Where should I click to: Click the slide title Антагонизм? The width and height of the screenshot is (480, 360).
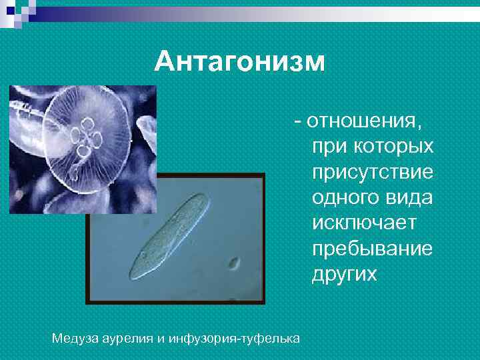click(x=239, y=63)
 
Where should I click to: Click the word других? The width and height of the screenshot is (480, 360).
click(x=344, y=274)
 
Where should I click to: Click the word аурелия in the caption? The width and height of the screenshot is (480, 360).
click(x=127, y=339)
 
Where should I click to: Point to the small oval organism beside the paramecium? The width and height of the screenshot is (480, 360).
click(x=234, y=263)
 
